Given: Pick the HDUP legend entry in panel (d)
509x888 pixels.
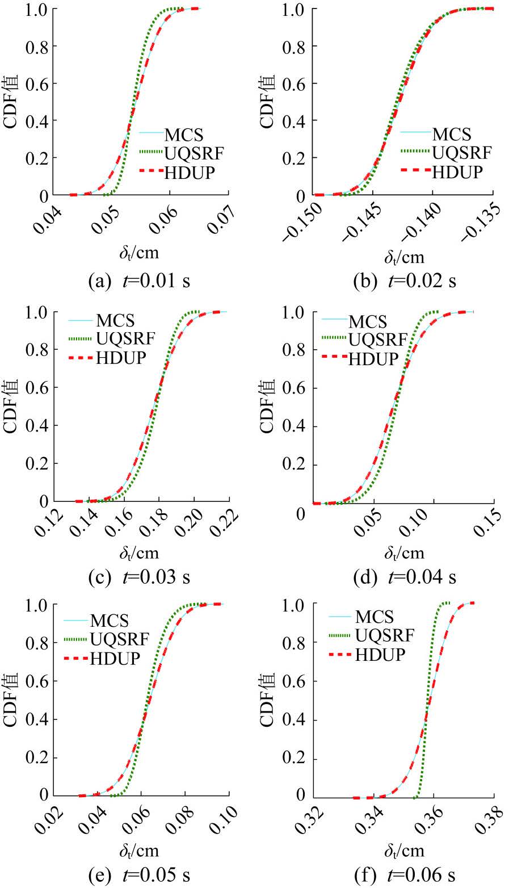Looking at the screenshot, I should [373, 358].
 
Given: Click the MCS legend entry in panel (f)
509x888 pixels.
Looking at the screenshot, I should [374, 616].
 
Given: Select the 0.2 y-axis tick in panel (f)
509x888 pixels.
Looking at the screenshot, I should [294, 757].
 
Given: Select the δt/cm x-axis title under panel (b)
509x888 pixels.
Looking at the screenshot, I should [403, 257].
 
